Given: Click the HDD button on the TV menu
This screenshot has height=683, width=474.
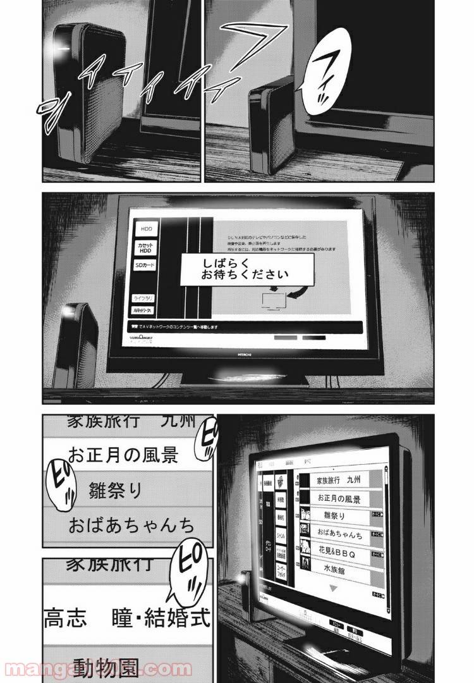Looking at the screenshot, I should pos(146,228).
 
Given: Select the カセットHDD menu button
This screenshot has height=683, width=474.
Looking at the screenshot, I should pos(146,247).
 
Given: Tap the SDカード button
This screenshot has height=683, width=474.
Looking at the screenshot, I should pos(146,266).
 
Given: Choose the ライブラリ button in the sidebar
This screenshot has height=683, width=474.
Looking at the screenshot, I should pos(145,297).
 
